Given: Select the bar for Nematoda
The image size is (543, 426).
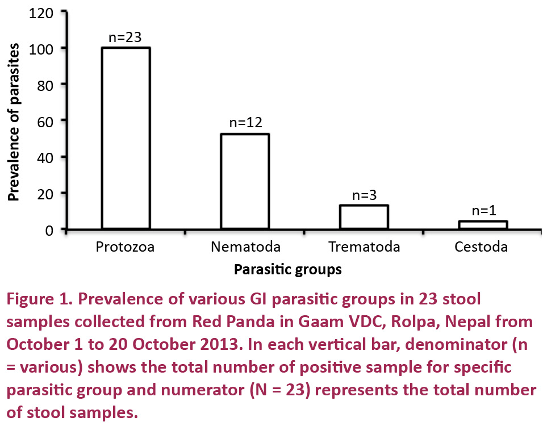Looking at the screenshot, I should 245,181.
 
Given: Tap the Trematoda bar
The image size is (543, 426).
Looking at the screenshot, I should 364,217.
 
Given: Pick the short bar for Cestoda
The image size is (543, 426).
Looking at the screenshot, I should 483,225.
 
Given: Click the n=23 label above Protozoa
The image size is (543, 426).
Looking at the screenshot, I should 125,37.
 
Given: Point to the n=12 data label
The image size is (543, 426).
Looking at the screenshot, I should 245,123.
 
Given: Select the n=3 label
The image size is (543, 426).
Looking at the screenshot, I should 364,195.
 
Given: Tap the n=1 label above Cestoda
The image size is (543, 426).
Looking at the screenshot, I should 483,211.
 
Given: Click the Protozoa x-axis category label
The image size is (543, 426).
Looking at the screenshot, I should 125,247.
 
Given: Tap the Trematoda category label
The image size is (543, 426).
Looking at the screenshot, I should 364,247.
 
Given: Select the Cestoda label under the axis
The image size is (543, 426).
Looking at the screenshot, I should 481,247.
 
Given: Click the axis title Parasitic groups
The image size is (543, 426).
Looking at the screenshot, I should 288,270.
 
